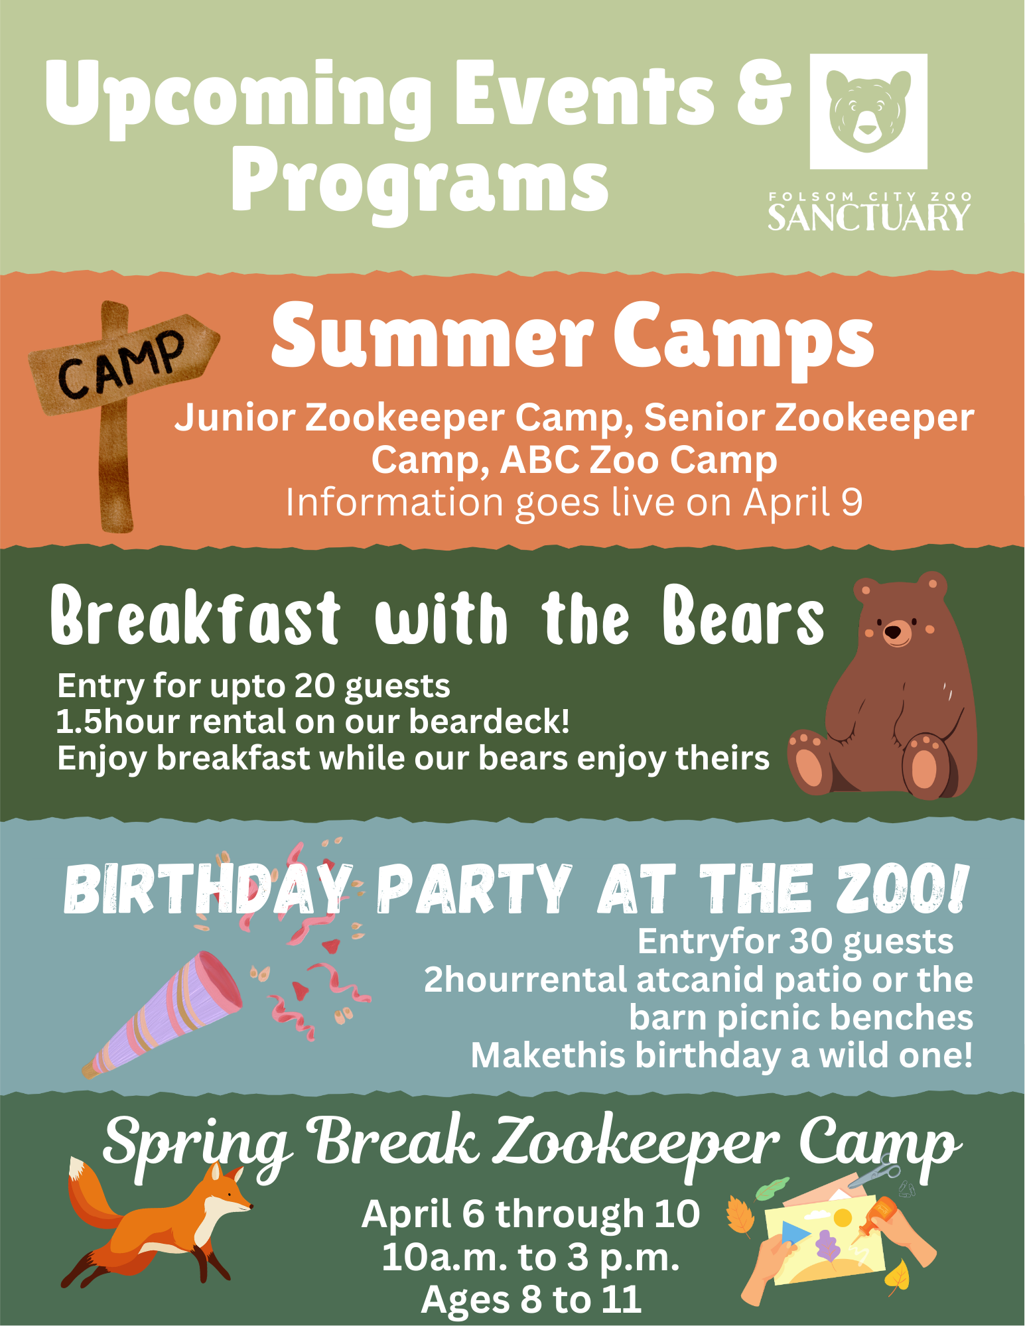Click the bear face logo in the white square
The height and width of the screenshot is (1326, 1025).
(x=868, y=110)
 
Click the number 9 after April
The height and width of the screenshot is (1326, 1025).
(x=852, y=502)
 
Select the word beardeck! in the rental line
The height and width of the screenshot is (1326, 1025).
(x=489, y=721)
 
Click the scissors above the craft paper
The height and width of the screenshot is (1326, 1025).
(x=875, y=1173)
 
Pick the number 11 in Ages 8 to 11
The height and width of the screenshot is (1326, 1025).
(x=622, y=1299)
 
